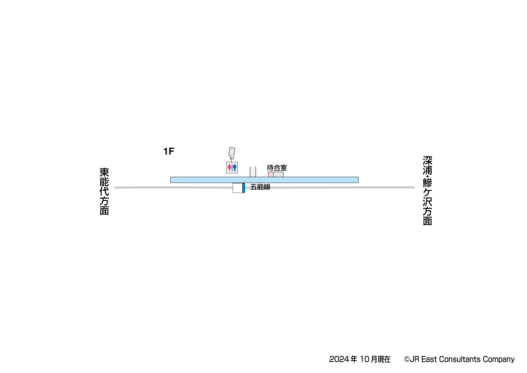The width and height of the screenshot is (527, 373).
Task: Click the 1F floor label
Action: (x=168, y=151)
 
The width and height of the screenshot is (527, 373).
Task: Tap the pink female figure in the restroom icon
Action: (x=229, y=168)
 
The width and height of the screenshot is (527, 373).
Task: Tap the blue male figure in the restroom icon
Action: (x=235, y=168)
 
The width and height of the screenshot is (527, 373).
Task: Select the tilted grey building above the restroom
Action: (x=232, y=153)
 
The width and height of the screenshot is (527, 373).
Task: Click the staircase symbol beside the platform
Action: (x=253, y=172)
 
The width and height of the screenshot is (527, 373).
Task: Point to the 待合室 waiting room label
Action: (x=277, y=168)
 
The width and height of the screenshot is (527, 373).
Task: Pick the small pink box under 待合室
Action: (x=271, y=174)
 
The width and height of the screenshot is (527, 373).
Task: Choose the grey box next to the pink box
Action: (x=278, y=174)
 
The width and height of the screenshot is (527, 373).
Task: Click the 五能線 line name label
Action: (x=260, y=187)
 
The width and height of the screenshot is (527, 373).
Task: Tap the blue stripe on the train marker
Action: (x=244, y=188)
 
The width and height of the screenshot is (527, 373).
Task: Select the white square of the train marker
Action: (x=238, y=188)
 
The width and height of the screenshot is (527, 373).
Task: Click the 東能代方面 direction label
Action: (x=104, y=191)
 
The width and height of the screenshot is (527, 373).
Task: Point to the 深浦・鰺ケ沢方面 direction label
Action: (x=427, y=191)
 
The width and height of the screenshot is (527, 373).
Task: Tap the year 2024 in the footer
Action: (x=339, y=359)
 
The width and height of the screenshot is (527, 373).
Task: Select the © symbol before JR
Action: (x=407, y=360)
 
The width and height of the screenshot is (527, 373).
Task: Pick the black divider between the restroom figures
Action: (x=232, y=168)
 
